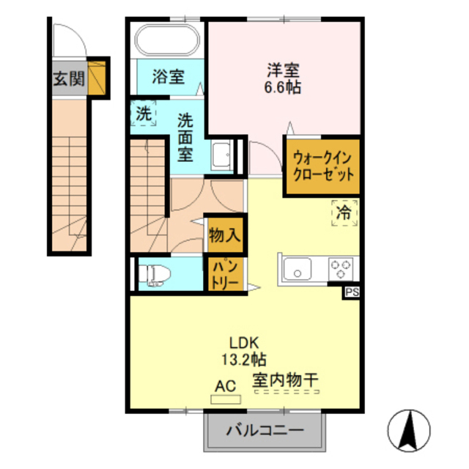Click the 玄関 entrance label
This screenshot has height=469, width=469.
[x=68, y=79]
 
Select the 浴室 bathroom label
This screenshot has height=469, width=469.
[x=168, y=76]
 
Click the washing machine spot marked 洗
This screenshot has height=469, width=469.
[x=144, y=114]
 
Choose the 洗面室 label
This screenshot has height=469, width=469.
[x=186, y=136]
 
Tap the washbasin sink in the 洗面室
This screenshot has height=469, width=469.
[x=221, y=154]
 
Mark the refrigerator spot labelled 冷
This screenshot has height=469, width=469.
[x=343, y=213]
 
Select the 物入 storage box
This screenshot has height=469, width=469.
[x=222, y=235]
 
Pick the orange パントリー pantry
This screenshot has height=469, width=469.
[x=222, y=273]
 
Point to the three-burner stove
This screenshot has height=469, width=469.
[x=340, y=268]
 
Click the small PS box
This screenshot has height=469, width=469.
[x=352, y=292]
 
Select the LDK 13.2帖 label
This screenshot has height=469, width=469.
[x=245, y=350]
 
